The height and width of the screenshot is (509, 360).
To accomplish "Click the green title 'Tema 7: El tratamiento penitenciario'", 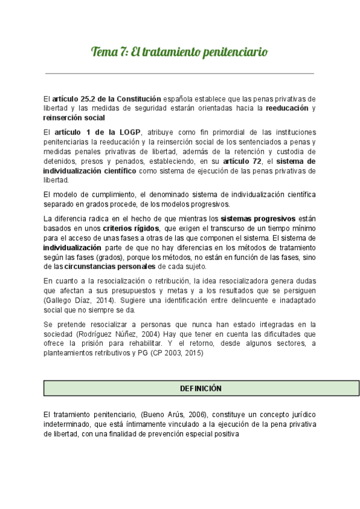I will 179,52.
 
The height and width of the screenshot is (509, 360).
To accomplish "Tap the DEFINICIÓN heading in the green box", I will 201,388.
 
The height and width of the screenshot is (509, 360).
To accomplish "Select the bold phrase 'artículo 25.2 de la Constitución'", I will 107,98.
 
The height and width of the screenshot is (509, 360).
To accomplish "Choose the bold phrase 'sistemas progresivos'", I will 257,219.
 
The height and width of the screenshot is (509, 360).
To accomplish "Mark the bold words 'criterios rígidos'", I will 131,229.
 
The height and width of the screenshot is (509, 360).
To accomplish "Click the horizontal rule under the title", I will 179,73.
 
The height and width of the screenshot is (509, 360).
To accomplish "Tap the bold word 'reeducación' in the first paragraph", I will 287,108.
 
